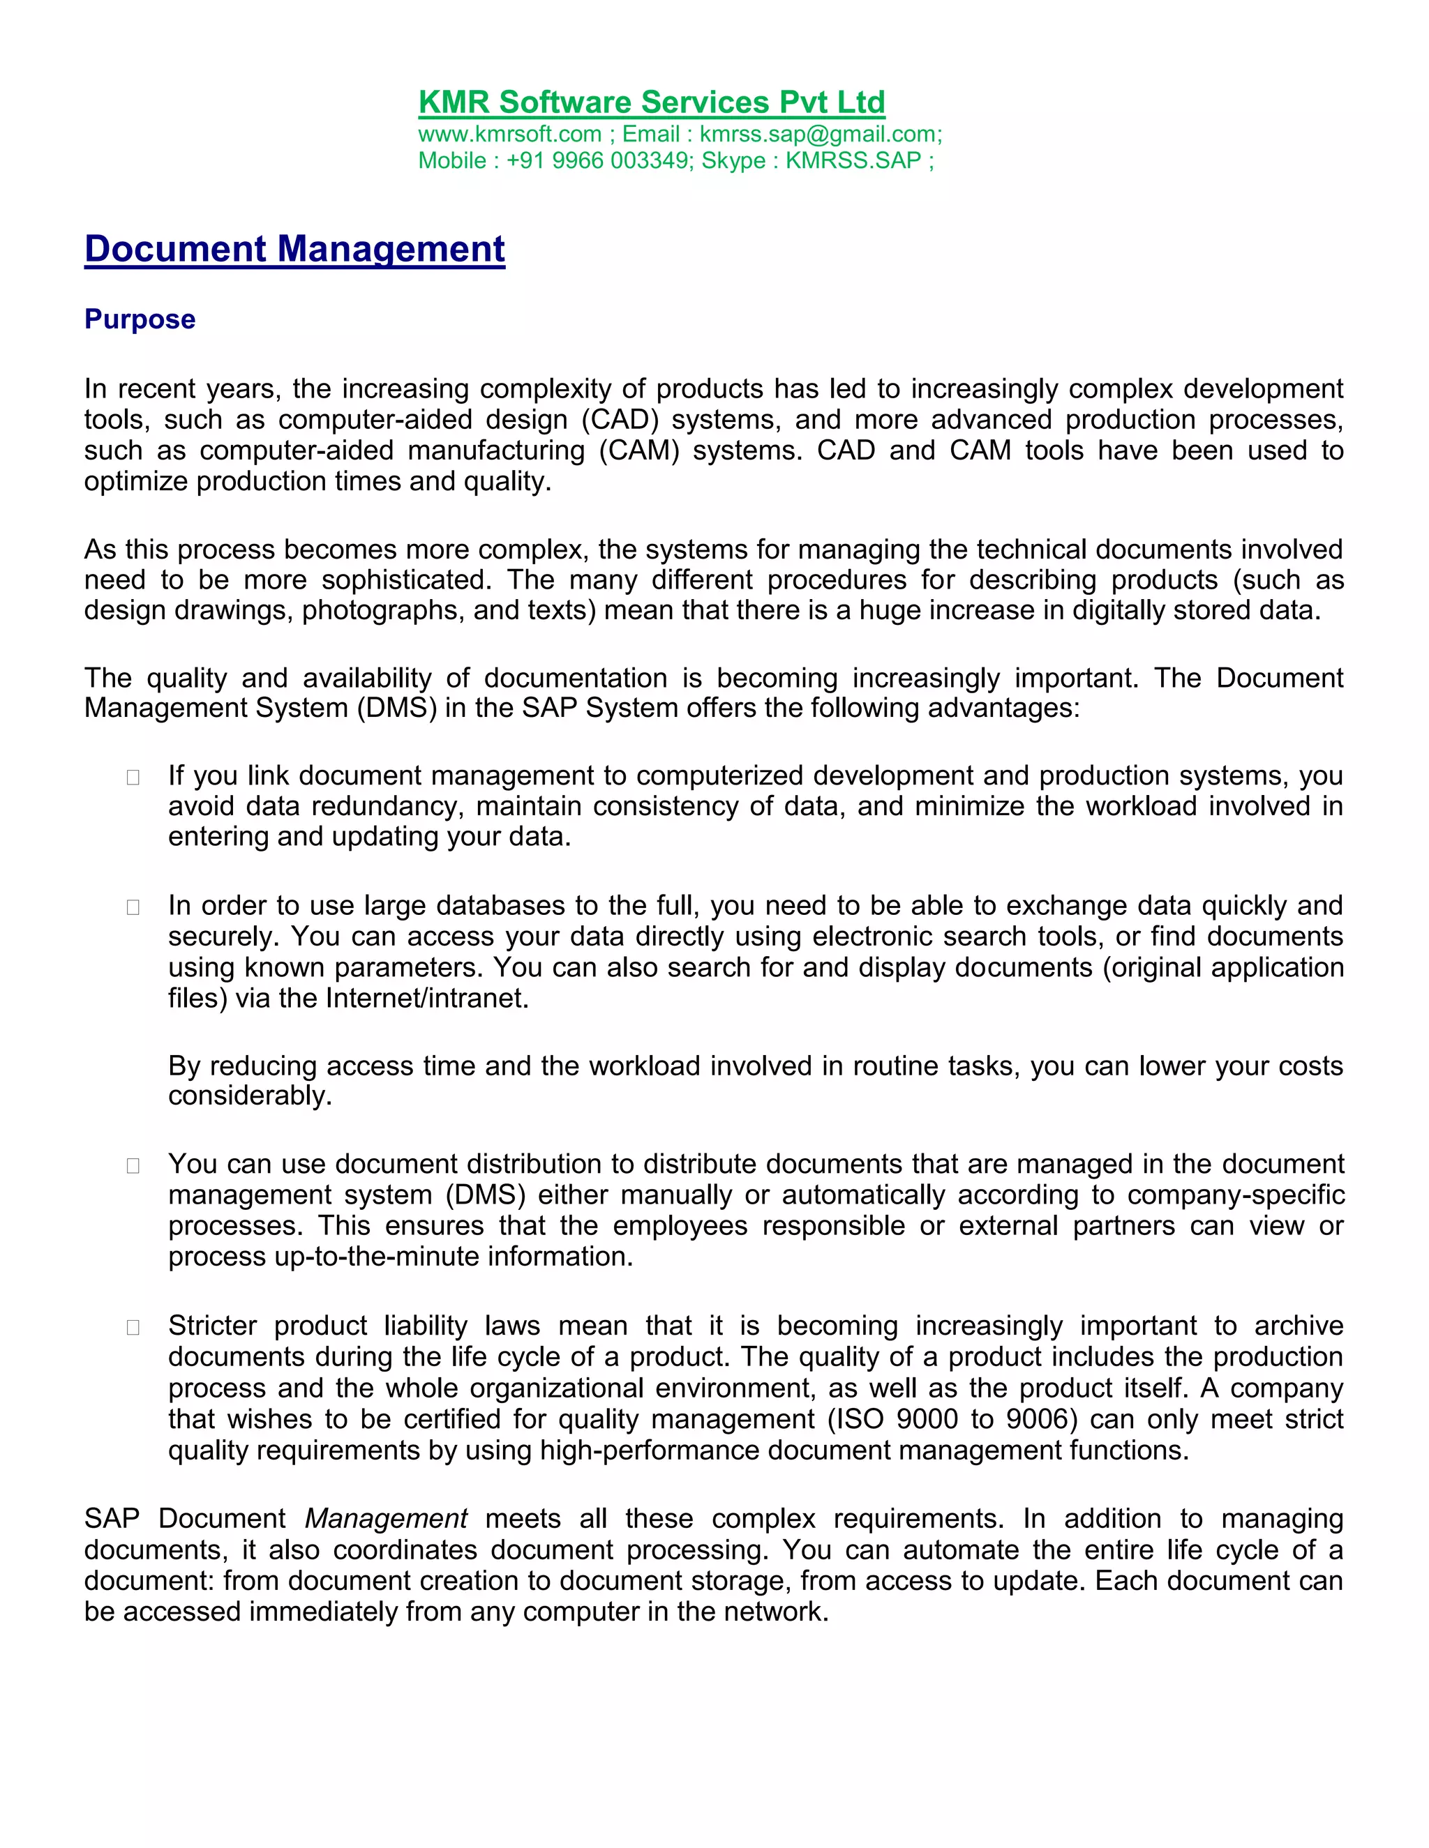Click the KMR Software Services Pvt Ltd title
(x=651, y=103)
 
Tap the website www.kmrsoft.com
(x=509, y=135)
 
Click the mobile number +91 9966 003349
(x=598, y=161)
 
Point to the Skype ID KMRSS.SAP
(x=853, y=161)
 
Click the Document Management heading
(x=294, y=249)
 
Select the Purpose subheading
(x=140, y=319)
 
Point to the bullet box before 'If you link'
(x=133, y=777)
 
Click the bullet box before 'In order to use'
(x=133, y=907)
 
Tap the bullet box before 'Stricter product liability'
(x=133, y=1327)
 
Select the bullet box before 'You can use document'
(x=133, y=1165)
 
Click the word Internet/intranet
(x=428, y=999)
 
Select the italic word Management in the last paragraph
(x=385, y=1518)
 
